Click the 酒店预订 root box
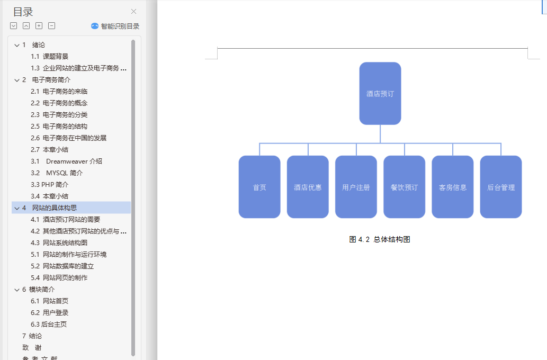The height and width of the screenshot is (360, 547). pos(380,94)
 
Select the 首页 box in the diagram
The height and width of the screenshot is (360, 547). pos(259,187)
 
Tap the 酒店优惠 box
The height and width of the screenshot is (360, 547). pos(308,187)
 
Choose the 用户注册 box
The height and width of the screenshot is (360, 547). pos(356,187)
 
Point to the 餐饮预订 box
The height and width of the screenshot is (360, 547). pos(404,187)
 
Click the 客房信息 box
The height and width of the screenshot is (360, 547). pos(453,187)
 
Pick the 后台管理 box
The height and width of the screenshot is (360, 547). pos(501,187)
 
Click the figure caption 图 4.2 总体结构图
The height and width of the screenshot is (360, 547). pos(380,239)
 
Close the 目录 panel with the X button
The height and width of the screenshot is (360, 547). pos(134,12)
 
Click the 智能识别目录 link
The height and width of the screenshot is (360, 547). pos(115,26)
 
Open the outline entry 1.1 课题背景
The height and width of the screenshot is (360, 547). pos(49,57)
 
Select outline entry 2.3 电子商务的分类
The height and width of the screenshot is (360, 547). pos(59,115)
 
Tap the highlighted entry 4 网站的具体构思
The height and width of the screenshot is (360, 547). pos(54,208)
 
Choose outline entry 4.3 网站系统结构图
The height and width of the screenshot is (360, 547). pos(59,243)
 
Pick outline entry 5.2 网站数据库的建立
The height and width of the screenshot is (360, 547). pos(62,266)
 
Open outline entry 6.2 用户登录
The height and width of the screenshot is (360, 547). pos(49,313)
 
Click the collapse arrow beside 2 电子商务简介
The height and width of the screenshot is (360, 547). pos(17,80)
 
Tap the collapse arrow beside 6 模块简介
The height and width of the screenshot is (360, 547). pos(17,290)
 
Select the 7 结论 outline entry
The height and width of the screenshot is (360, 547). pos(32,336)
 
